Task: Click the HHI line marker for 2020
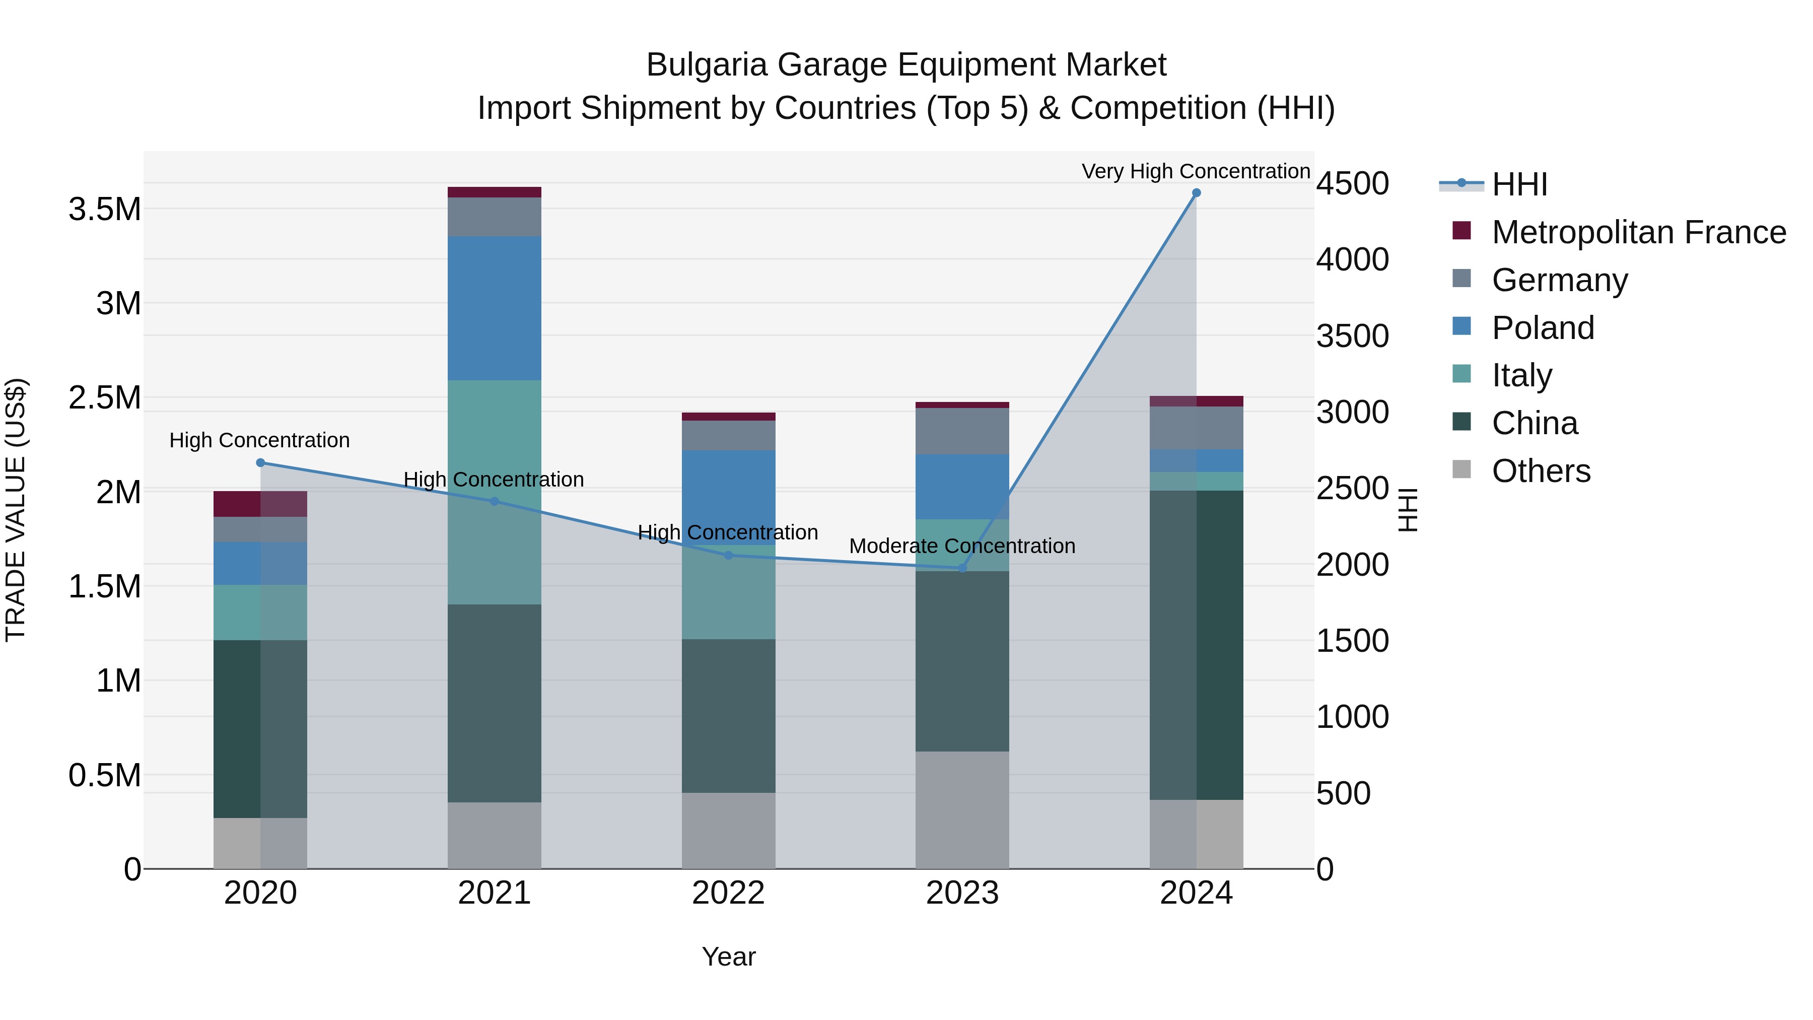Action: click(x=260, y=462)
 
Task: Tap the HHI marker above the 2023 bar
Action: click(x=963, y=568)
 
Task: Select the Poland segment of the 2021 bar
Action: click(x=494, y=308)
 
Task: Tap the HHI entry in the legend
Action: click(x=1519, y=184)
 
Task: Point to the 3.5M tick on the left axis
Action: click(x=105, y=209)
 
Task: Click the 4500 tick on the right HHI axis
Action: click(x=1352, y=184)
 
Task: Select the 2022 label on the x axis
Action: click(x=728, y=893)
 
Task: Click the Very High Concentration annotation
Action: click(x=1195, y=171)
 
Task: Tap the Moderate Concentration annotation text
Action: click(x=961, y=546)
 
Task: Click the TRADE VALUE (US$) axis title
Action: click(x=16, y=510)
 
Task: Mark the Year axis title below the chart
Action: click(x=728, y=957)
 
